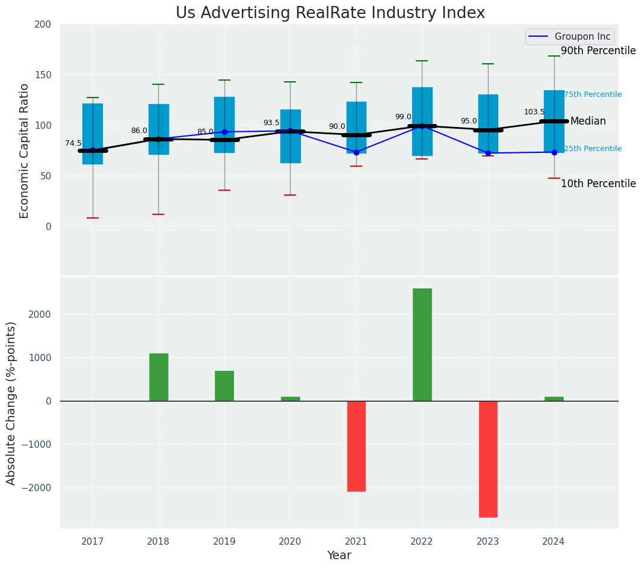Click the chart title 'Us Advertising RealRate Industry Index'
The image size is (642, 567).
point(330,13)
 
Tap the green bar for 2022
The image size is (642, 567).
point(422,344)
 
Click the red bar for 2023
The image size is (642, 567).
point(488,459)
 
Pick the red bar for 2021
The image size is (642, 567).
point(356,446)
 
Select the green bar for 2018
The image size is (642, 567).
point(159,377)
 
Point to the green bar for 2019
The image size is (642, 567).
point(224,386)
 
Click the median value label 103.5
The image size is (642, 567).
point(534,112)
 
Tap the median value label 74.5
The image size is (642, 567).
point(73,143)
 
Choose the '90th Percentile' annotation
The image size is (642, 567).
point(598,51)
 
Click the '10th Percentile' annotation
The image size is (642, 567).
point(598,184)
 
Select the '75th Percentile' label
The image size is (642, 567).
point(593,94)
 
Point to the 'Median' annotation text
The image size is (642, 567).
point(588,122)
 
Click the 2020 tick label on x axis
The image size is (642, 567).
point(290,542)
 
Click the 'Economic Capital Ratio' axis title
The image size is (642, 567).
point(25,150)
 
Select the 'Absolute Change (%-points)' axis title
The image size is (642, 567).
point(11,403)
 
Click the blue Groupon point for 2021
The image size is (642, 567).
point(356,152)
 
